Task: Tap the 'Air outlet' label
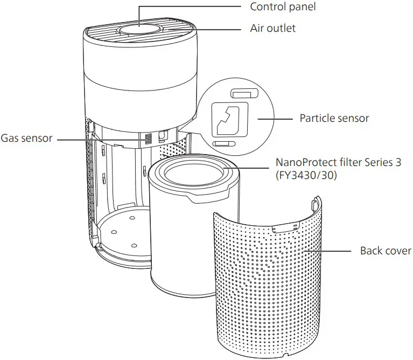point(273,28)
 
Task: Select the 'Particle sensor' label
point(334,117)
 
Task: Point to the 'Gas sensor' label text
point(26,139)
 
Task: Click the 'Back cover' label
point(386,251)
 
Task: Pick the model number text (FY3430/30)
point(306,175)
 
